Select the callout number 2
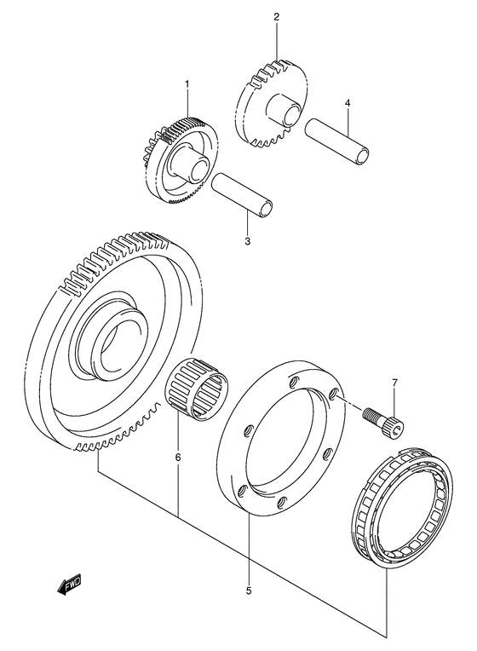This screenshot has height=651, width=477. coord(276,17)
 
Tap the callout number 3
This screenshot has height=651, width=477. coord(247,242)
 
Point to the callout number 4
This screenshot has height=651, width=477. coord(347,104)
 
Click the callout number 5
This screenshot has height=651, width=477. coord(248,590)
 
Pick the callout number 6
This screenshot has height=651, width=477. coord(178,458)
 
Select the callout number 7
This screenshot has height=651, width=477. coord(394,383)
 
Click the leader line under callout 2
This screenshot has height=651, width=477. coord(276,43)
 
